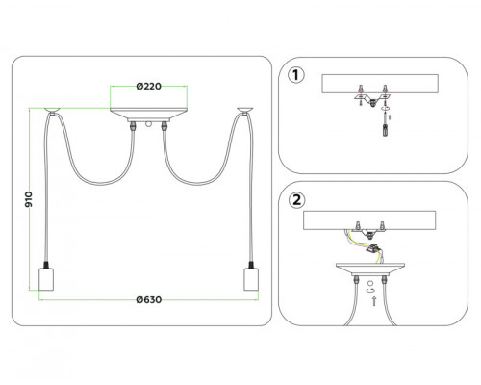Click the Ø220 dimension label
point(148,87)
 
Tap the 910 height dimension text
point(29,199)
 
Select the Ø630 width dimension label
point(148,300)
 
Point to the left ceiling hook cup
point(52,110)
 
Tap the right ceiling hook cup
point(245,110)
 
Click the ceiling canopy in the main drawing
point(148,115)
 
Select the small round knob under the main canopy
point(148,124)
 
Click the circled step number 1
point(296,75)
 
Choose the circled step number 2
point(296,200)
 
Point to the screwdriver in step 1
point(385,125)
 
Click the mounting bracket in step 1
point(372,98)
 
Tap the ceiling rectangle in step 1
point(380,84)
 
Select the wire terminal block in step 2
point(373,249)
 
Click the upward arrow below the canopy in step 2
point(373,301)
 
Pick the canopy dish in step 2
point(370,269)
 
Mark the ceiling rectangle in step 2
point(369,220)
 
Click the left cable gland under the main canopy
point(133,126)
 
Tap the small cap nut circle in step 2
point(370,284)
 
